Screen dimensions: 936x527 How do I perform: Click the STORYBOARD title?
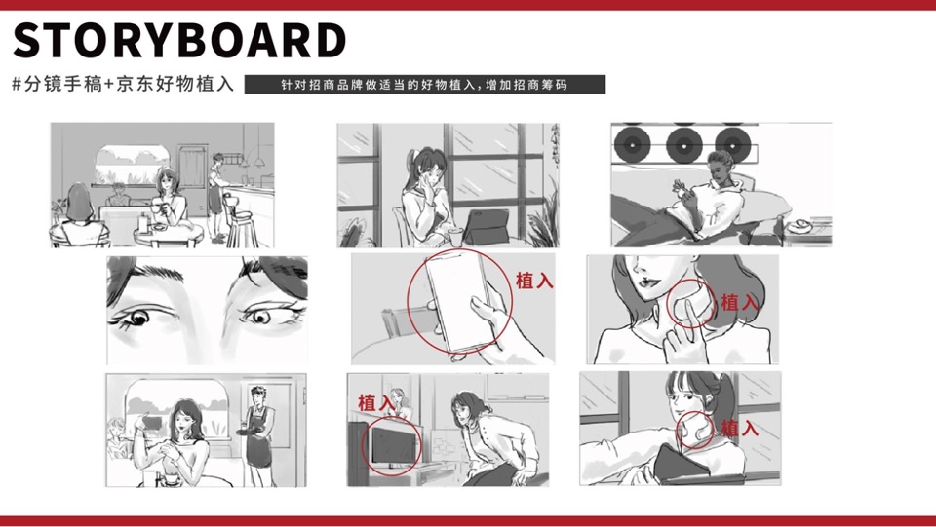179,41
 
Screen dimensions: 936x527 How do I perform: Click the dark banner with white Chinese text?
424,84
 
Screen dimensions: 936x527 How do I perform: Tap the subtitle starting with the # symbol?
123,84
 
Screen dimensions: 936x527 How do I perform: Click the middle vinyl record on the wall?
684,145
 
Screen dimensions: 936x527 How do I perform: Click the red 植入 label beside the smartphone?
534,281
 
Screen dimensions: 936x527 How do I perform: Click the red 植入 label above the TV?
376,403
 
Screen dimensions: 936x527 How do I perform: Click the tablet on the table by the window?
486,227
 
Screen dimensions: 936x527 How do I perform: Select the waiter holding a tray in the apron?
258,435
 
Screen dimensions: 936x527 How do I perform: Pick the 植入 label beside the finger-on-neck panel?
740,302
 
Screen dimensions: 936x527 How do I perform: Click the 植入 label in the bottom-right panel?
740,428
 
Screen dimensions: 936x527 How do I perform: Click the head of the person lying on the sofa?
720,165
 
